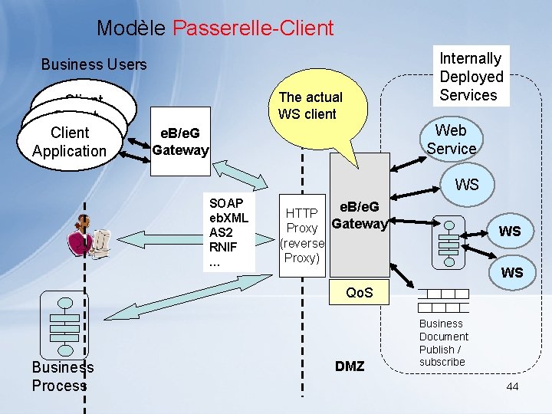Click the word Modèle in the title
tap(131, 28)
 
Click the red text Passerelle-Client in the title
tap(253, 28)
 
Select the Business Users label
tap(94, 64)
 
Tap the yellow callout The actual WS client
tap(310, 107)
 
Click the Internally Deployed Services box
tap(471, 77)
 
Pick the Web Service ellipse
tap(452, 140)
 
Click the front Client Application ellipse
tap(69, 142)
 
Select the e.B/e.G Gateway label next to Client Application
tap(180, 142)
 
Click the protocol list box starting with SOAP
tap(226, 232)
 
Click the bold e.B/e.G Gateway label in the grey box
tap(359, 216)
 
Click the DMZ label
tap(350, 366)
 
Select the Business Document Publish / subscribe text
tap(444, 343)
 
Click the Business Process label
tap(62, 376)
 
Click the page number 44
tap(512, 386)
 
